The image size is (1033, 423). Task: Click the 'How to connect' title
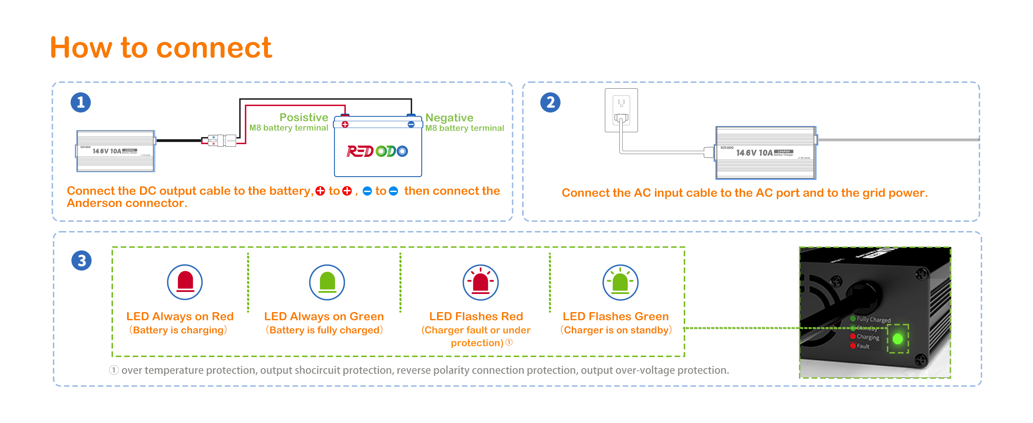coord(161,48)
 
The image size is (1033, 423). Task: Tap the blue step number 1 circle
coord(81,102)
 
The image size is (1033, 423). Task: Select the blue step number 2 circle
coord(550,102)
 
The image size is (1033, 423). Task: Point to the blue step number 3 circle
coord(82,260)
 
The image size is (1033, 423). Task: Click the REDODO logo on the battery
coord(377,151)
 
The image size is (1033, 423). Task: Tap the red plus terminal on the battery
coord(345,124)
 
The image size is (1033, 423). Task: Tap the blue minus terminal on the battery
coord(411,124)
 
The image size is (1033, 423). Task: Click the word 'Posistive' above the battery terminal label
coord(304,117)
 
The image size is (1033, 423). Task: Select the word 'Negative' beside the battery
coord(449,118)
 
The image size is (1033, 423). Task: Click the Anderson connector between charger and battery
coord(222,141)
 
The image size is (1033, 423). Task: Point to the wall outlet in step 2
coord(621,110)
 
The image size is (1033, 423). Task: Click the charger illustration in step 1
coord(116,151)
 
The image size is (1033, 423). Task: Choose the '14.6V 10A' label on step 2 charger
coord(754,153)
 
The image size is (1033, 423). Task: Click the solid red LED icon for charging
coord(185,282)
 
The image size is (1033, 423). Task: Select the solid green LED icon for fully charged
coord(327,282)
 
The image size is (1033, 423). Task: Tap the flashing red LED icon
coord(480,282)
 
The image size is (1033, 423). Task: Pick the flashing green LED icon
coord(620,282)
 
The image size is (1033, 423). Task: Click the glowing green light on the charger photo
coord(898,339)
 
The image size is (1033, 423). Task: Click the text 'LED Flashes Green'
coord(616,317)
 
